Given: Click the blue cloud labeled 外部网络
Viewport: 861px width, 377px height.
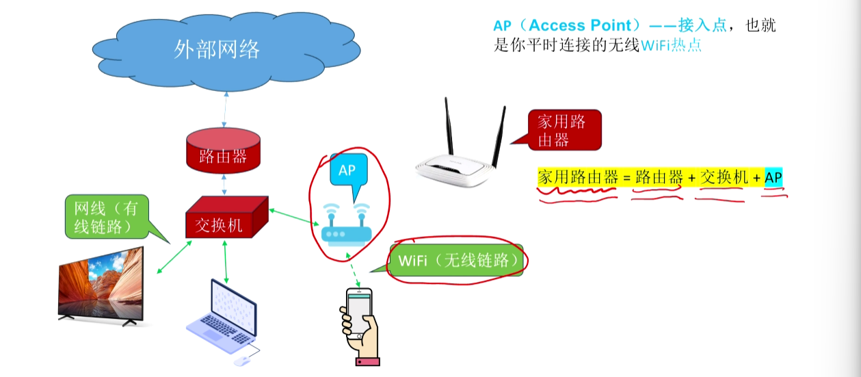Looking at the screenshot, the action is point(226,50).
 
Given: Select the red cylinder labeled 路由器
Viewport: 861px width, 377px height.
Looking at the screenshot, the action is point(224,151).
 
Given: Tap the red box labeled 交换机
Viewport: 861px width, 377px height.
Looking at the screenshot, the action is point(227,218).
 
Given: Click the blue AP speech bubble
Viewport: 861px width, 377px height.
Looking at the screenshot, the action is point(349,170).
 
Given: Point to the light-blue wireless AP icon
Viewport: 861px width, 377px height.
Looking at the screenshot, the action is point(346,225).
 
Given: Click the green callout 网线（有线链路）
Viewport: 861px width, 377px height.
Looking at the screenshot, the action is point(107,217).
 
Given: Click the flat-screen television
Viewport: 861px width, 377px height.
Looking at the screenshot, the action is point(101,286).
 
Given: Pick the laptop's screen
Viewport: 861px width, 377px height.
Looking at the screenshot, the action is point(233,306).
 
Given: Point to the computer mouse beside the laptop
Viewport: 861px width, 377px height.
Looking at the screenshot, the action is point(241,361).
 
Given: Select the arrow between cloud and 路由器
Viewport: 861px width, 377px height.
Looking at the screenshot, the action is point(225,109).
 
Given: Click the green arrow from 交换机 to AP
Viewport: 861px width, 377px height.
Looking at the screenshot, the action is point(294,217).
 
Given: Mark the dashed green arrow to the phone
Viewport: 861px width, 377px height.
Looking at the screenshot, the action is point(353,270).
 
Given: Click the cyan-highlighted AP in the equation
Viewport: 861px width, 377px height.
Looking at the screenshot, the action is point(773,178).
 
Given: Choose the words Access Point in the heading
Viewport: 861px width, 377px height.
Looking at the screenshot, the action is point(580,25).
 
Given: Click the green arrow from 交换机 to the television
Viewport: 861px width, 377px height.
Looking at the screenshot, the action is point(174,257).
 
